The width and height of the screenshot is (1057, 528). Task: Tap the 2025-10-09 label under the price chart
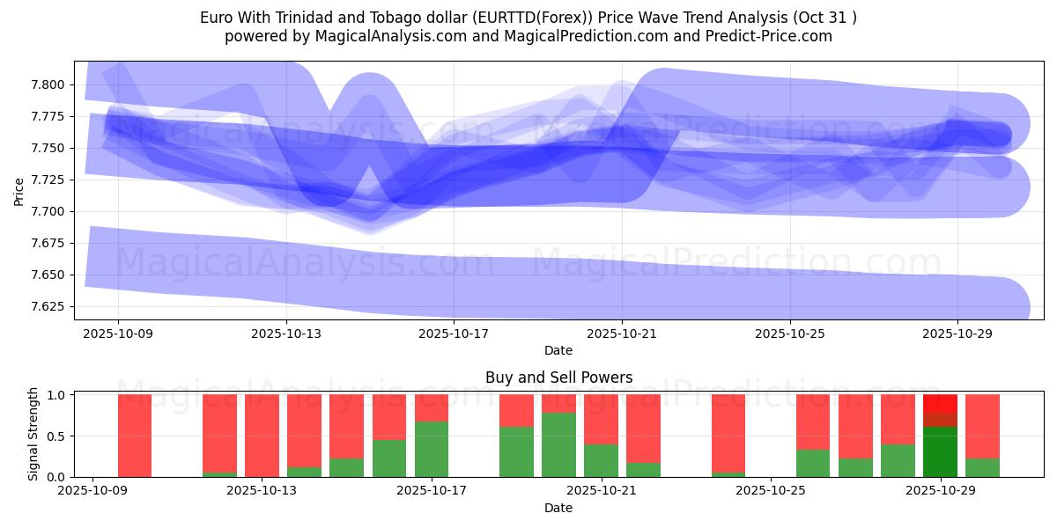pyautogui.click(x=118, y=334)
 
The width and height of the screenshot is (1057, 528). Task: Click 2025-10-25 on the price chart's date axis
pyautogui.click(x=790, y=334)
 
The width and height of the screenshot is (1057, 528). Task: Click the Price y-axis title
pyautogui.click(x=19, y=192)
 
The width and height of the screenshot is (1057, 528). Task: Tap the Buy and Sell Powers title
pyautogui.click(x=558, y=378)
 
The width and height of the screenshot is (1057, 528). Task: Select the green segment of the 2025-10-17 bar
pyautogui.click(x=432, y=449)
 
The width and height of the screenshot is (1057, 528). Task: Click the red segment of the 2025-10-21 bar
pyautogui.click(x=601, y=419)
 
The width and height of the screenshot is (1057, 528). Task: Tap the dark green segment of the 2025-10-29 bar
pyautogui.click(x=940, y=451)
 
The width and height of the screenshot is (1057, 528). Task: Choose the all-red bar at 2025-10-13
pyautogui.click(x=262, y=436)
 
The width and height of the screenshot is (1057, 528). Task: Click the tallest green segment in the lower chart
pyautogui.click(x=558, y=444)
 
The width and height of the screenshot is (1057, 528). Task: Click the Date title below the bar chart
pyautogui.click(x=558, y=508)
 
